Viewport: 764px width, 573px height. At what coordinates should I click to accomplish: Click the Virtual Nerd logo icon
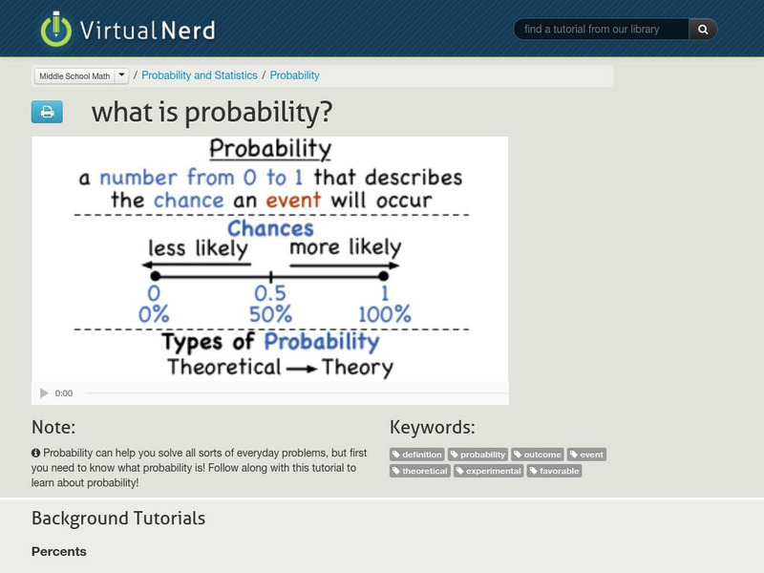click(56, 29)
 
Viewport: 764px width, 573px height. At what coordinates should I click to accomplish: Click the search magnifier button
click(703, 30)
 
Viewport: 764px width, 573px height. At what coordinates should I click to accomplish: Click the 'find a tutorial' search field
click(602, 30)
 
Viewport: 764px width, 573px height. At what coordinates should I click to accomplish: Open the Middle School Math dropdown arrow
click(122, 75)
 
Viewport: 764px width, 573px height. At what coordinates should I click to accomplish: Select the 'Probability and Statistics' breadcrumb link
click(200, 75)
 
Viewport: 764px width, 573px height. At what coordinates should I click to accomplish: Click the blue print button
click(47, 113)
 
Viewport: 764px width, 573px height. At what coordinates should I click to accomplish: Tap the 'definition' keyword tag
click(417, 455)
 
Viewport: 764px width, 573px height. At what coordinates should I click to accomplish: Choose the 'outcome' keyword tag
click(538, 455)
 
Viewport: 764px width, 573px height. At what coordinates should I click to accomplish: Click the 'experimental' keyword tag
click(489, 471)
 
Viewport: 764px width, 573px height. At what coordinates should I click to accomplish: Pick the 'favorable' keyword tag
click(555, 471)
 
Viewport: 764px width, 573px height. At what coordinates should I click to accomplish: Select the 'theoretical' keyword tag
click(420, 471)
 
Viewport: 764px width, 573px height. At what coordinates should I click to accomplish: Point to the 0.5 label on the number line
click(270, 294)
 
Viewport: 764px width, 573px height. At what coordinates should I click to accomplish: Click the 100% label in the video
click(384, 314)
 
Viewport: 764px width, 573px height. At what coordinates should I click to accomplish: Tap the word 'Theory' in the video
click(357, 368)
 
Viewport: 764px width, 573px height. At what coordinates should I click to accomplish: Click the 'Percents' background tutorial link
click(59, 552)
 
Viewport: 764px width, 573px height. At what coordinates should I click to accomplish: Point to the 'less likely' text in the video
click(198, 247)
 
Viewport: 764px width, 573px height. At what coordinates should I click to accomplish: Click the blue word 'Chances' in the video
click(270, 228)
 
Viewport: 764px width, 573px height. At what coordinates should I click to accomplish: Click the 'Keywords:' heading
click(432, 427)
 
